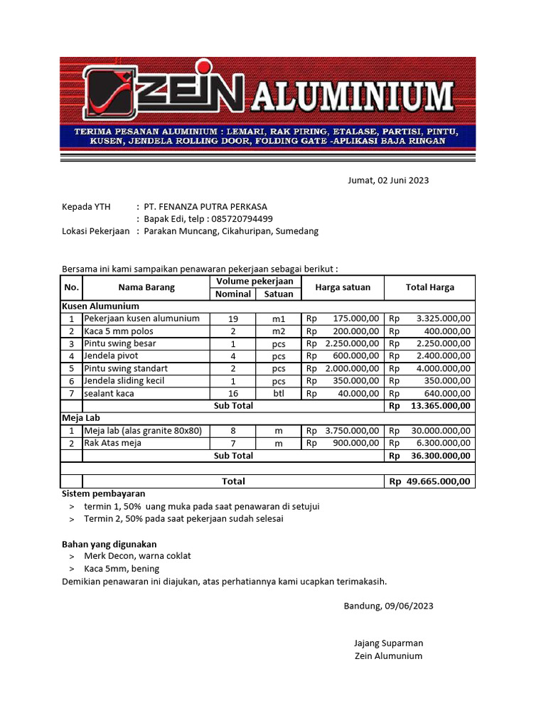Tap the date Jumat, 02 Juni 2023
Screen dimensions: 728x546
pos(388,180)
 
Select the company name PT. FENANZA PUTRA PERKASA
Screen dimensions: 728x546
pos(205,207)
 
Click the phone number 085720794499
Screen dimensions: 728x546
pos(242,219)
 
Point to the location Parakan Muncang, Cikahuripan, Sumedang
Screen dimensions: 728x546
pos(231,231)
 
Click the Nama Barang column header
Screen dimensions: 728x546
pos(146,287)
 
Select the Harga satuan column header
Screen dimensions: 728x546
pos(343,287)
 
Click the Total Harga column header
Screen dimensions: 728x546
pos(429,287)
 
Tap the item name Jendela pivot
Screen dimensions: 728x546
pos(111,355)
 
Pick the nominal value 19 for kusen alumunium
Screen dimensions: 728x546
pos(233,318)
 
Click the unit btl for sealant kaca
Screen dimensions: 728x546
pos(278,393)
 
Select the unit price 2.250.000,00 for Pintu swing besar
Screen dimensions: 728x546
pos(353,343)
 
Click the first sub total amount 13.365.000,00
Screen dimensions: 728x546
pos(439,406)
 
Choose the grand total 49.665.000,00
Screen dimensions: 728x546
pos(438,481)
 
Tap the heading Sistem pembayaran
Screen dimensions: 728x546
pos(104,493)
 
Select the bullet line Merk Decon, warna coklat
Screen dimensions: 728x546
pos(137,556)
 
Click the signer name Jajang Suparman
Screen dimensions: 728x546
pos(388,643)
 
